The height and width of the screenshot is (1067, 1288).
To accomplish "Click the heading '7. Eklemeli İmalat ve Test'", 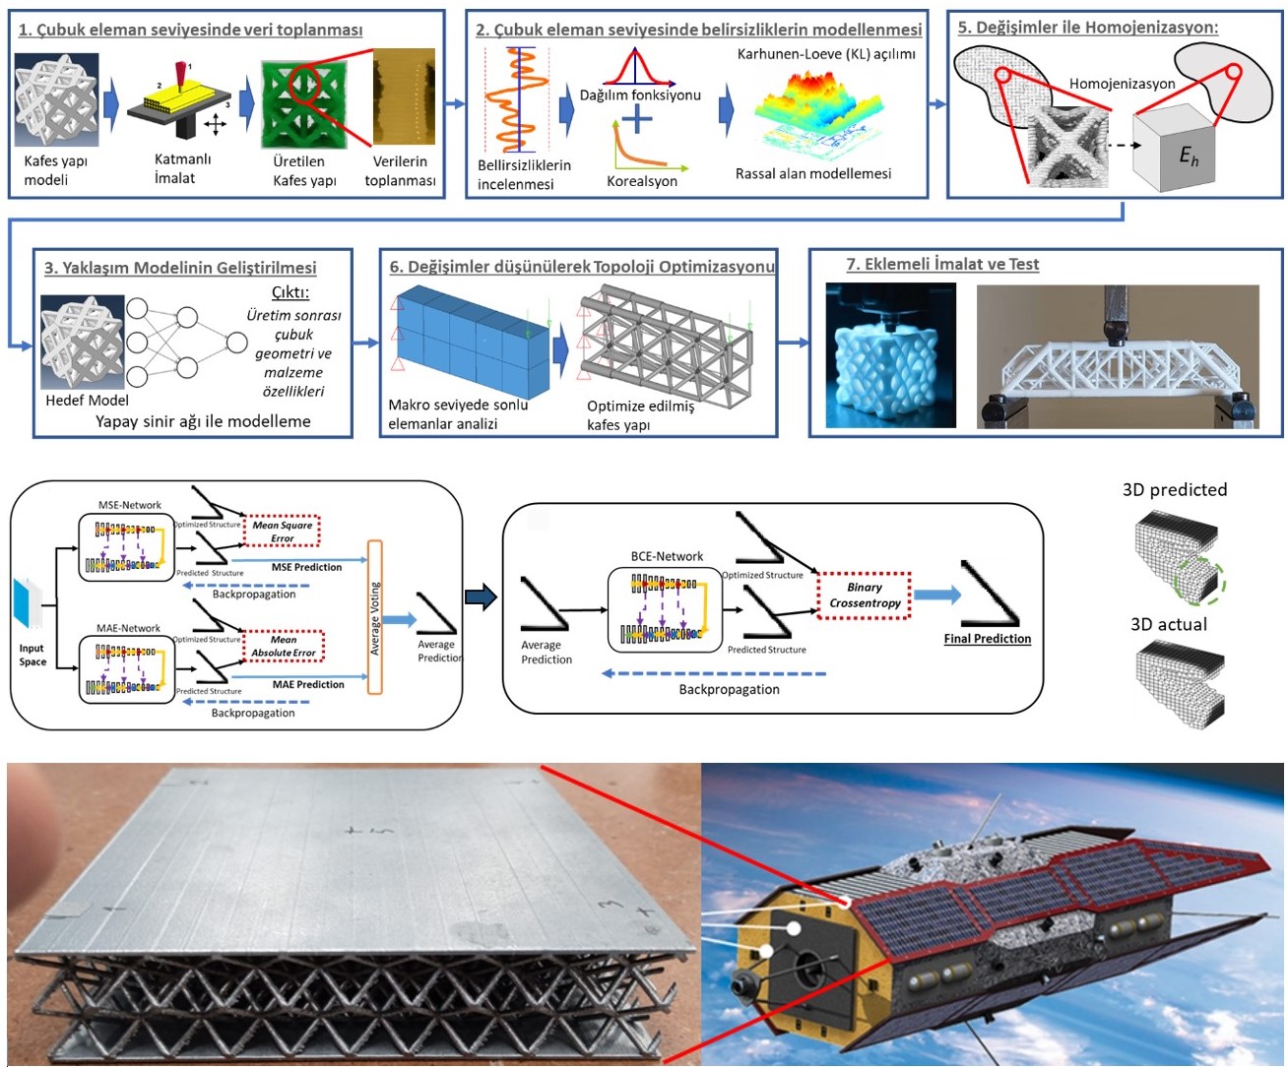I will point(942,264).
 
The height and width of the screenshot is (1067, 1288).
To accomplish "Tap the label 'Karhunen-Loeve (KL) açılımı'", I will point(826,54).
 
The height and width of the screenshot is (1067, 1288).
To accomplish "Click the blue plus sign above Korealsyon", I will point(637,120).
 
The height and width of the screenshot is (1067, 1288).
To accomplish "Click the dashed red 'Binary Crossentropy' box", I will point(865,595).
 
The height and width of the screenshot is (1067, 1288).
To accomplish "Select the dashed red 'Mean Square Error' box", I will point(282,531).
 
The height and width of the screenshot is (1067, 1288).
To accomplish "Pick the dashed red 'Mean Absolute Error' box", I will point(283,646).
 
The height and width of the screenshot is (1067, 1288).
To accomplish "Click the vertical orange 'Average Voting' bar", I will point(374,617).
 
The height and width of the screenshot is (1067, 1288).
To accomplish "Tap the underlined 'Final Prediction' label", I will point(987,639).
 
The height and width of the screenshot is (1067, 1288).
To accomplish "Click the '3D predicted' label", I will point(1174,490).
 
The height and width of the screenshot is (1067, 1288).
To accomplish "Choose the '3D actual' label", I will point(1168,624).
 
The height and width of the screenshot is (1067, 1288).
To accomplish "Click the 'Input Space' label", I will point(32,655).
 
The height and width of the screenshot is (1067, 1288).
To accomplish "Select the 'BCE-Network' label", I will point(667,556).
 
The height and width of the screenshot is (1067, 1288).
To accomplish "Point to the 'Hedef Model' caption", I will point(87,400).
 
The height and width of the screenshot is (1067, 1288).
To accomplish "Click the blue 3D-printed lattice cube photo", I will point(890,355).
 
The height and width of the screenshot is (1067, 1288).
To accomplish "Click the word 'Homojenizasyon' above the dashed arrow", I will point(1122,84).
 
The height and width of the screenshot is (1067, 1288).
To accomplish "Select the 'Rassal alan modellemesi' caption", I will point(812,174).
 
